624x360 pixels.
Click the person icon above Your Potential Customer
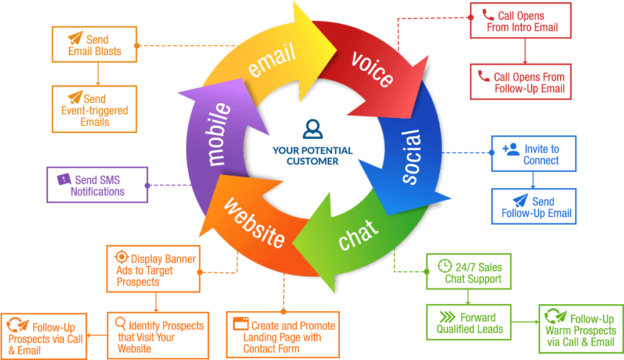[x=313, y=129]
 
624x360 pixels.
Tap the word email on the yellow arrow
[x=272, y=60]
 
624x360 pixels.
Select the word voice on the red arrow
[x=372, y=69]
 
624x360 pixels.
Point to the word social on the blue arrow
[x=411, y=157]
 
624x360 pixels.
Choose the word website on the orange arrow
[x=254, y=222]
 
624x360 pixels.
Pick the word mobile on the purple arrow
[x=218, y=134]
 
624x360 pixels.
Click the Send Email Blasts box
[x=94, y=45]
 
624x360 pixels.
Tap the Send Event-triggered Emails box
[x=94, y=109]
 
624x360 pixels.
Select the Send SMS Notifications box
[x=97, y=185]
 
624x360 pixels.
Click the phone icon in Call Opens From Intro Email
[x=488, y=15]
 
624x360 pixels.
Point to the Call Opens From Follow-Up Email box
[x=521, y=81]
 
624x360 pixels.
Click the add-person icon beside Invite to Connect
[x=511, y=149]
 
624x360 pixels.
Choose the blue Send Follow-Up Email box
[x=534, y=207]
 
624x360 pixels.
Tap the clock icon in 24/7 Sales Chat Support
[x=445, y=266]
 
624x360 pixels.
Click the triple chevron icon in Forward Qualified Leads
[x=447, y=317]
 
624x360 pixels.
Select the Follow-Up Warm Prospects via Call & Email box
[x=581, y=329]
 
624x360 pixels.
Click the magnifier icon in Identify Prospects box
[x=120, y=323]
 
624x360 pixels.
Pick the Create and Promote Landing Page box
[x=283, y=335]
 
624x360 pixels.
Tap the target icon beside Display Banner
[x=121, y=257]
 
